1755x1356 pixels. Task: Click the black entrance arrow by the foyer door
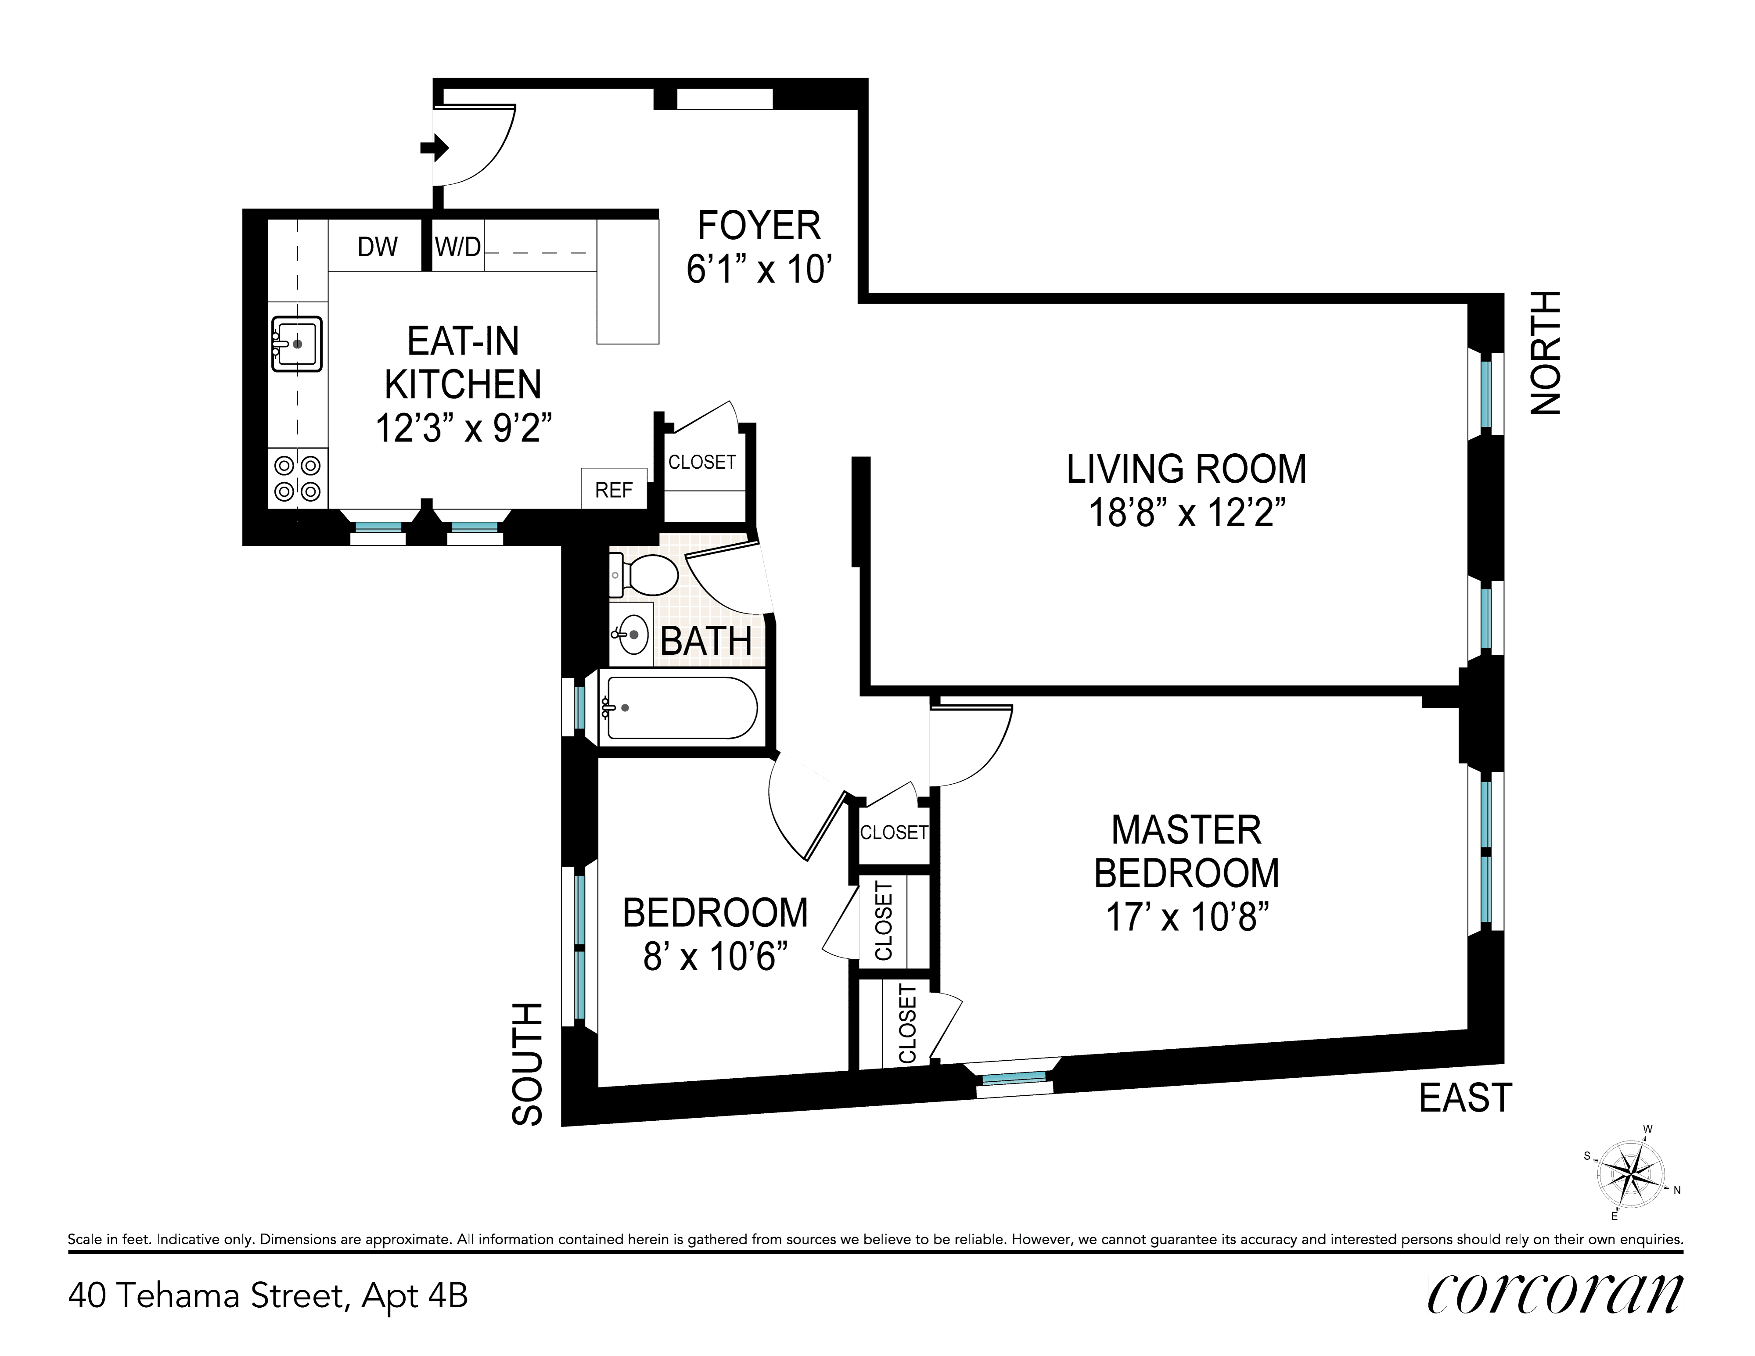[435, 148]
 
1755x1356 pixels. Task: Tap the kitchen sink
[296, 344]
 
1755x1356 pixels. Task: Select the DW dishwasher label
[378, 247]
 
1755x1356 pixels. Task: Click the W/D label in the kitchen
[458, 247]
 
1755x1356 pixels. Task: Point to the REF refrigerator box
[614, 488]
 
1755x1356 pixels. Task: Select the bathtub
[679, 708]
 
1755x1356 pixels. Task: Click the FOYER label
[759, 226]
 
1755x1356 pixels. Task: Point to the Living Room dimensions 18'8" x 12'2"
[1186, 513]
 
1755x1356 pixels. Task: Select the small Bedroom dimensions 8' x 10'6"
[714, 957]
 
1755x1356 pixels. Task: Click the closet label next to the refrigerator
[702, 462]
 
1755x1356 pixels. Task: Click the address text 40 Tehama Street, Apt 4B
[268, 1296]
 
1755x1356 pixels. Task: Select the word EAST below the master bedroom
[1466, 1098]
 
